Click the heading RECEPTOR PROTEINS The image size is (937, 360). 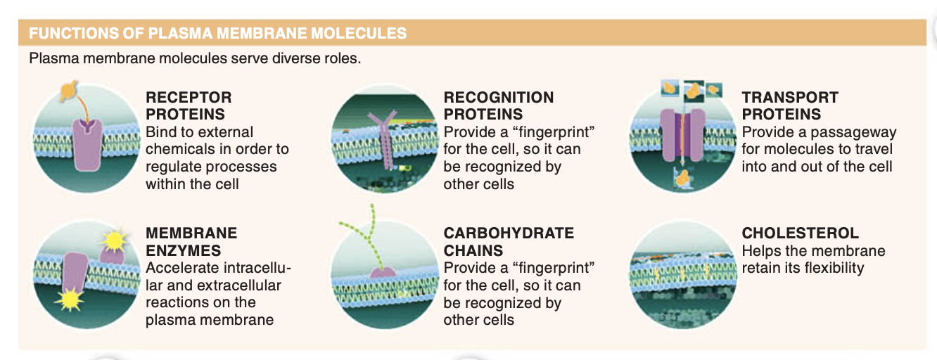(188, 105)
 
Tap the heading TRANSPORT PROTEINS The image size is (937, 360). (789, 105)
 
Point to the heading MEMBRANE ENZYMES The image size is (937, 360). (191, 241)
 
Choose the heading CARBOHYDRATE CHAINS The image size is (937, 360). (509, 241)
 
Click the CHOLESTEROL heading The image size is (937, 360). (800, 233)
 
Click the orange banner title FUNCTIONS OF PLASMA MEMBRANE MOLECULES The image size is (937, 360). (217, 33)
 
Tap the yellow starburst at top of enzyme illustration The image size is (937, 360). (112, 241)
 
